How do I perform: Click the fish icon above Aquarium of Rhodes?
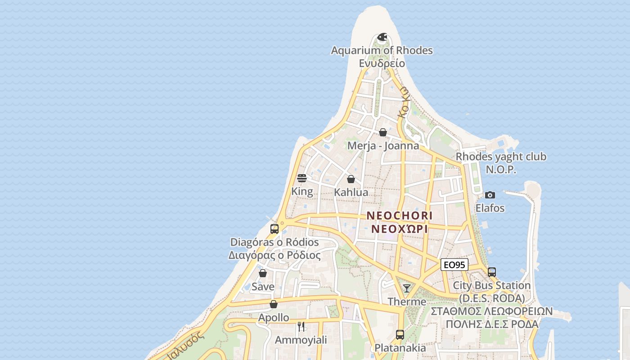(382, 37)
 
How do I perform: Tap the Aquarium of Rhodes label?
(382, 50)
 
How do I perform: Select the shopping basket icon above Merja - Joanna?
(383, 132)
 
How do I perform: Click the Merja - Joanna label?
(383, 146)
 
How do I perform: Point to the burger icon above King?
(302, 178)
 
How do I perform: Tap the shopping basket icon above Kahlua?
(351, 179)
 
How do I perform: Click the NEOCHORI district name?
(400, 216)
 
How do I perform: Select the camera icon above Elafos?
(490, 195)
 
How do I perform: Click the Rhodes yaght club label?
(501, 157)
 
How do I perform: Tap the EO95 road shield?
(454, 265)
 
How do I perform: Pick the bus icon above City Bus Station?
(492, 272)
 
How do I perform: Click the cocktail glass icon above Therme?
(407, 288)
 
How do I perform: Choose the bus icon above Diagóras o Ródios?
(274, 229)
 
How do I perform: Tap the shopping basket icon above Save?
(263, 273)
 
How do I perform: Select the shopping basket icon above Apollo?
(274, 304)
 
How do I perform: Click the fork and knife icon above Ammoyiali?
(301, 326)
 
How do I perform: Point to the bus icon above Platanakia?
(400, 334)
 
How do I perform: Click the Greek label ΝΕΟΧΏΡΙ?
(399, 229)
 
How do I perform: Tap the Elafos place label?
(490, 208)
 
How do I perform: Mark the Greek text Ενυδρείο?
(382, 63)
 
